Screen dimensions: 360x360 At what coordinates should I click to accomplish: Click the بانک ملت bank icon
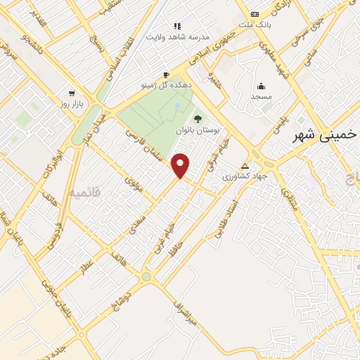click(x=255, y=15)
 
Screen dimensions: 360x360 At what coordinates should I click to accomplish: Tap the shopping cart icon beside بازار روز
click(x=71, y=93)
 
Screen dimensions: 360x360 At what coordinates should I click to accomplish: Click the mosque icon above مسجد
click(x=261, y=86)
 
